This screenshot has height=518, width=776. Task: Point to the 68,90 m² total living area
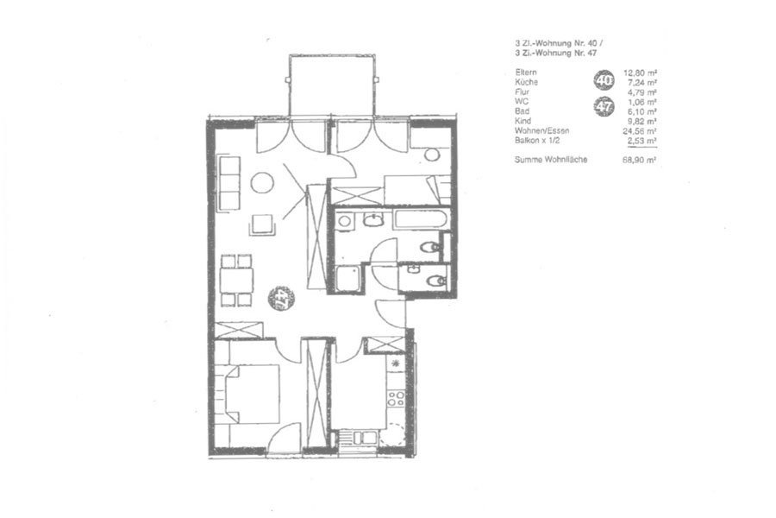click(637, 161)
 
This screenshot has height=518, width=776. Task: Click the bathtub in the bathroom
click(419, 220)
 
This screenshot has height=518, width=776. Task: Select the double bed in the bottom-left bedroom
click(253, 393)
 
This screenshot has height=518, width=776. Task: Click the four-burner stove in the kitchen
click(396, 397)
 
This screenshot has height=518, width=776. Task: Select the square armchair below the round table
click(262, 224)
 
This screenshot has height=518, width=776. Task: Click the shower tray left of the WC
click(349, 278)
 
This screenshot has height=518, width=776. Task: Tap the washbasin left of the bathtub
click(373, 219)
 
